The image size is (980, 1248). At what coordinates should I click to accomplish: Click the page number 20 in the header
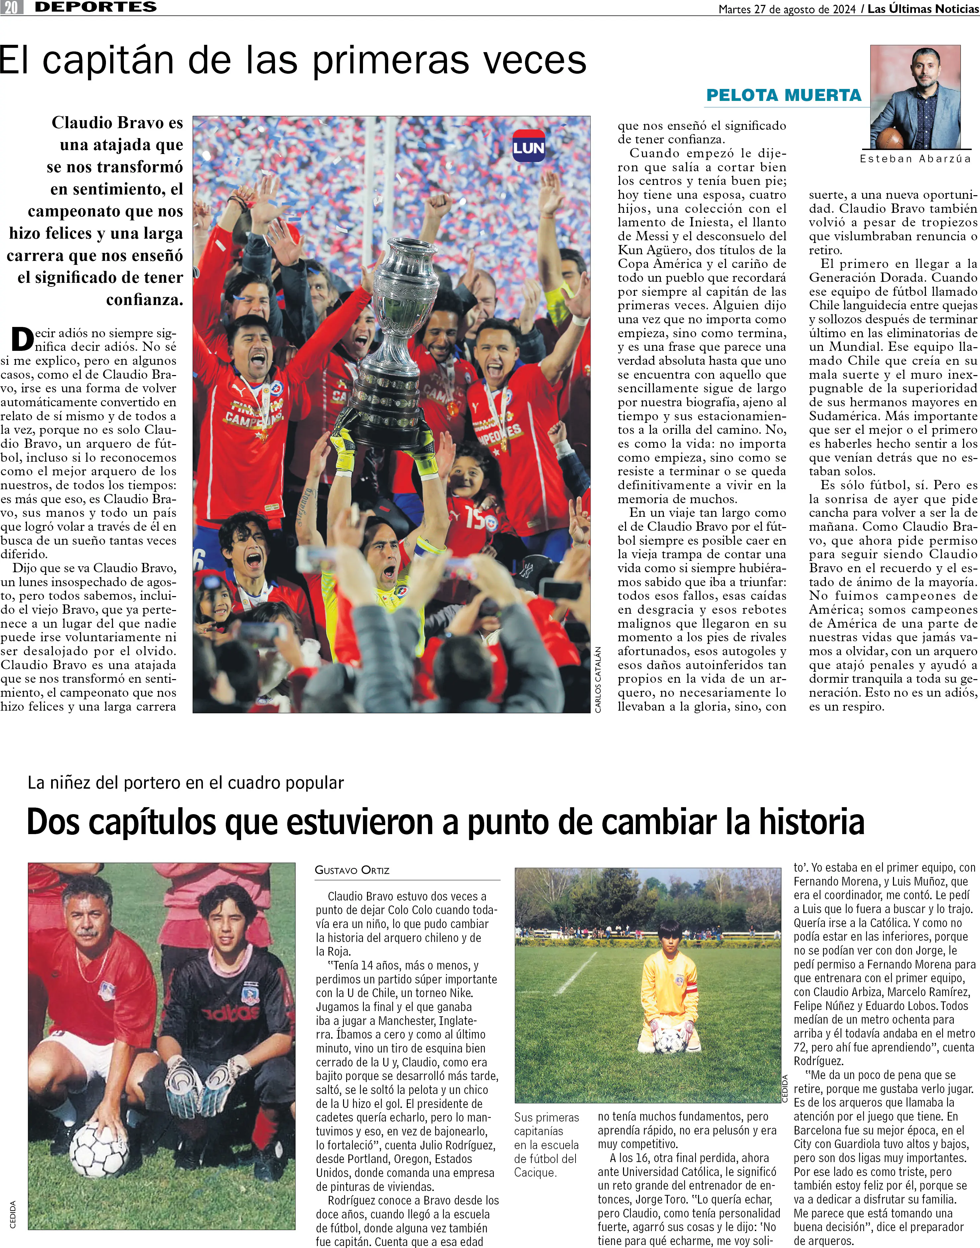(12, 7)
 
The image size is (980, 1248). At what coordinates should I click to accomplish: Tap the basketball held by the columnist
(889, 138)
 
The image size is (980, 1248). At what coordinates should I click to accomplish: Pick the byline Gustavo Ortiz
(352, 870)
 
